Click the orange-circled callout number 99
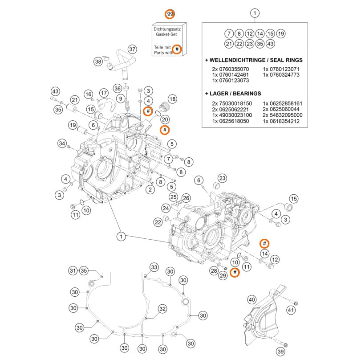coord(170,14)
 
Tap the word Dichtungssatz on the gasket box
coord(170,28)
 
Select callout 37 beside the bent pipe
coord(132,49)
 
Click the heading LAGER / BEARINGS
coord(235,94)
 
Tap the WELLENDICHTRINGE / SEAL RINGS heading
coord(254,60)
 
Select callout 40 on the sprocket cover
coord(252,299)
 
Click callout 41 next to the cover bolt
coord(292,310)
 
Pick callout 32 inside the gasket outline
coord(162,308)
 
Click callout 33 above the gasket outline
coord(154,267)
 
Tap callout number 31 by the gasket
coord(73,270)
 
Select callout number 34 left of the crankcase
coord(62,143)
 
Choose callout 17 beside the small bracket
coord(104,93)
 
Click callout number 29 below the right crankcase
coord(223,276)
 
